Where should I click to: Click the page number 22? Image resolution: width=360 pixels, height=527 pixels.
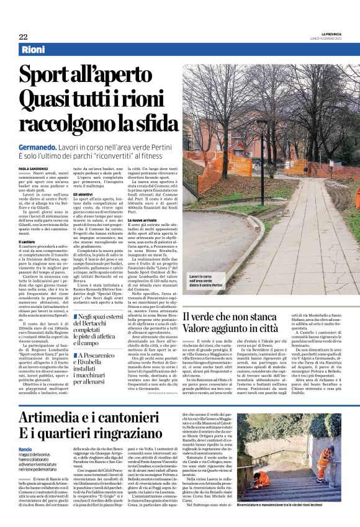[x=23, y=37]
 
